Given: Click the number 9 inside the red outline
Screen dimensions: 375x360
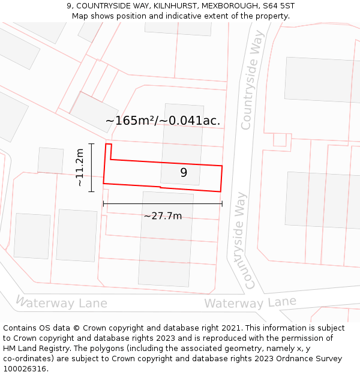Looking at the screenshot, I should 184,173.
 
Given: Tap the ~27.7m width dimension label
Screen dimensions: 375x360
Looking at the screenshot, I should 163,216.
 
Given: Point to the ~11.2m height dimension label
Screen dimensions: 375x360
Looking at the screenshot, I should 80,168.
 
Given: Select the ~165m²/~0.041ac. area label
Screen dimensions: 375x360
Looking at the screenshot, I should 163,121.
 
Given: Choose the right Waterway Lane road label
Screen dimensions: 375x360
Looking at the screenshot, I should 250,303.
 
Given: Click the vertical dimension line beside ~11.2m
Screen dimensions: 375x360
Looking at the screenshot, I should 91,168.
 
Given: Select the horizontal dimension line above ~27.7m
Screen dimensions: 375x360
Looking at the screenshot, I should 163,204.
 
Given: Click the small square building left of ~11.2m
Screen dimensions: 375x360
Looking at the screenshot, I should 50,160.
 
